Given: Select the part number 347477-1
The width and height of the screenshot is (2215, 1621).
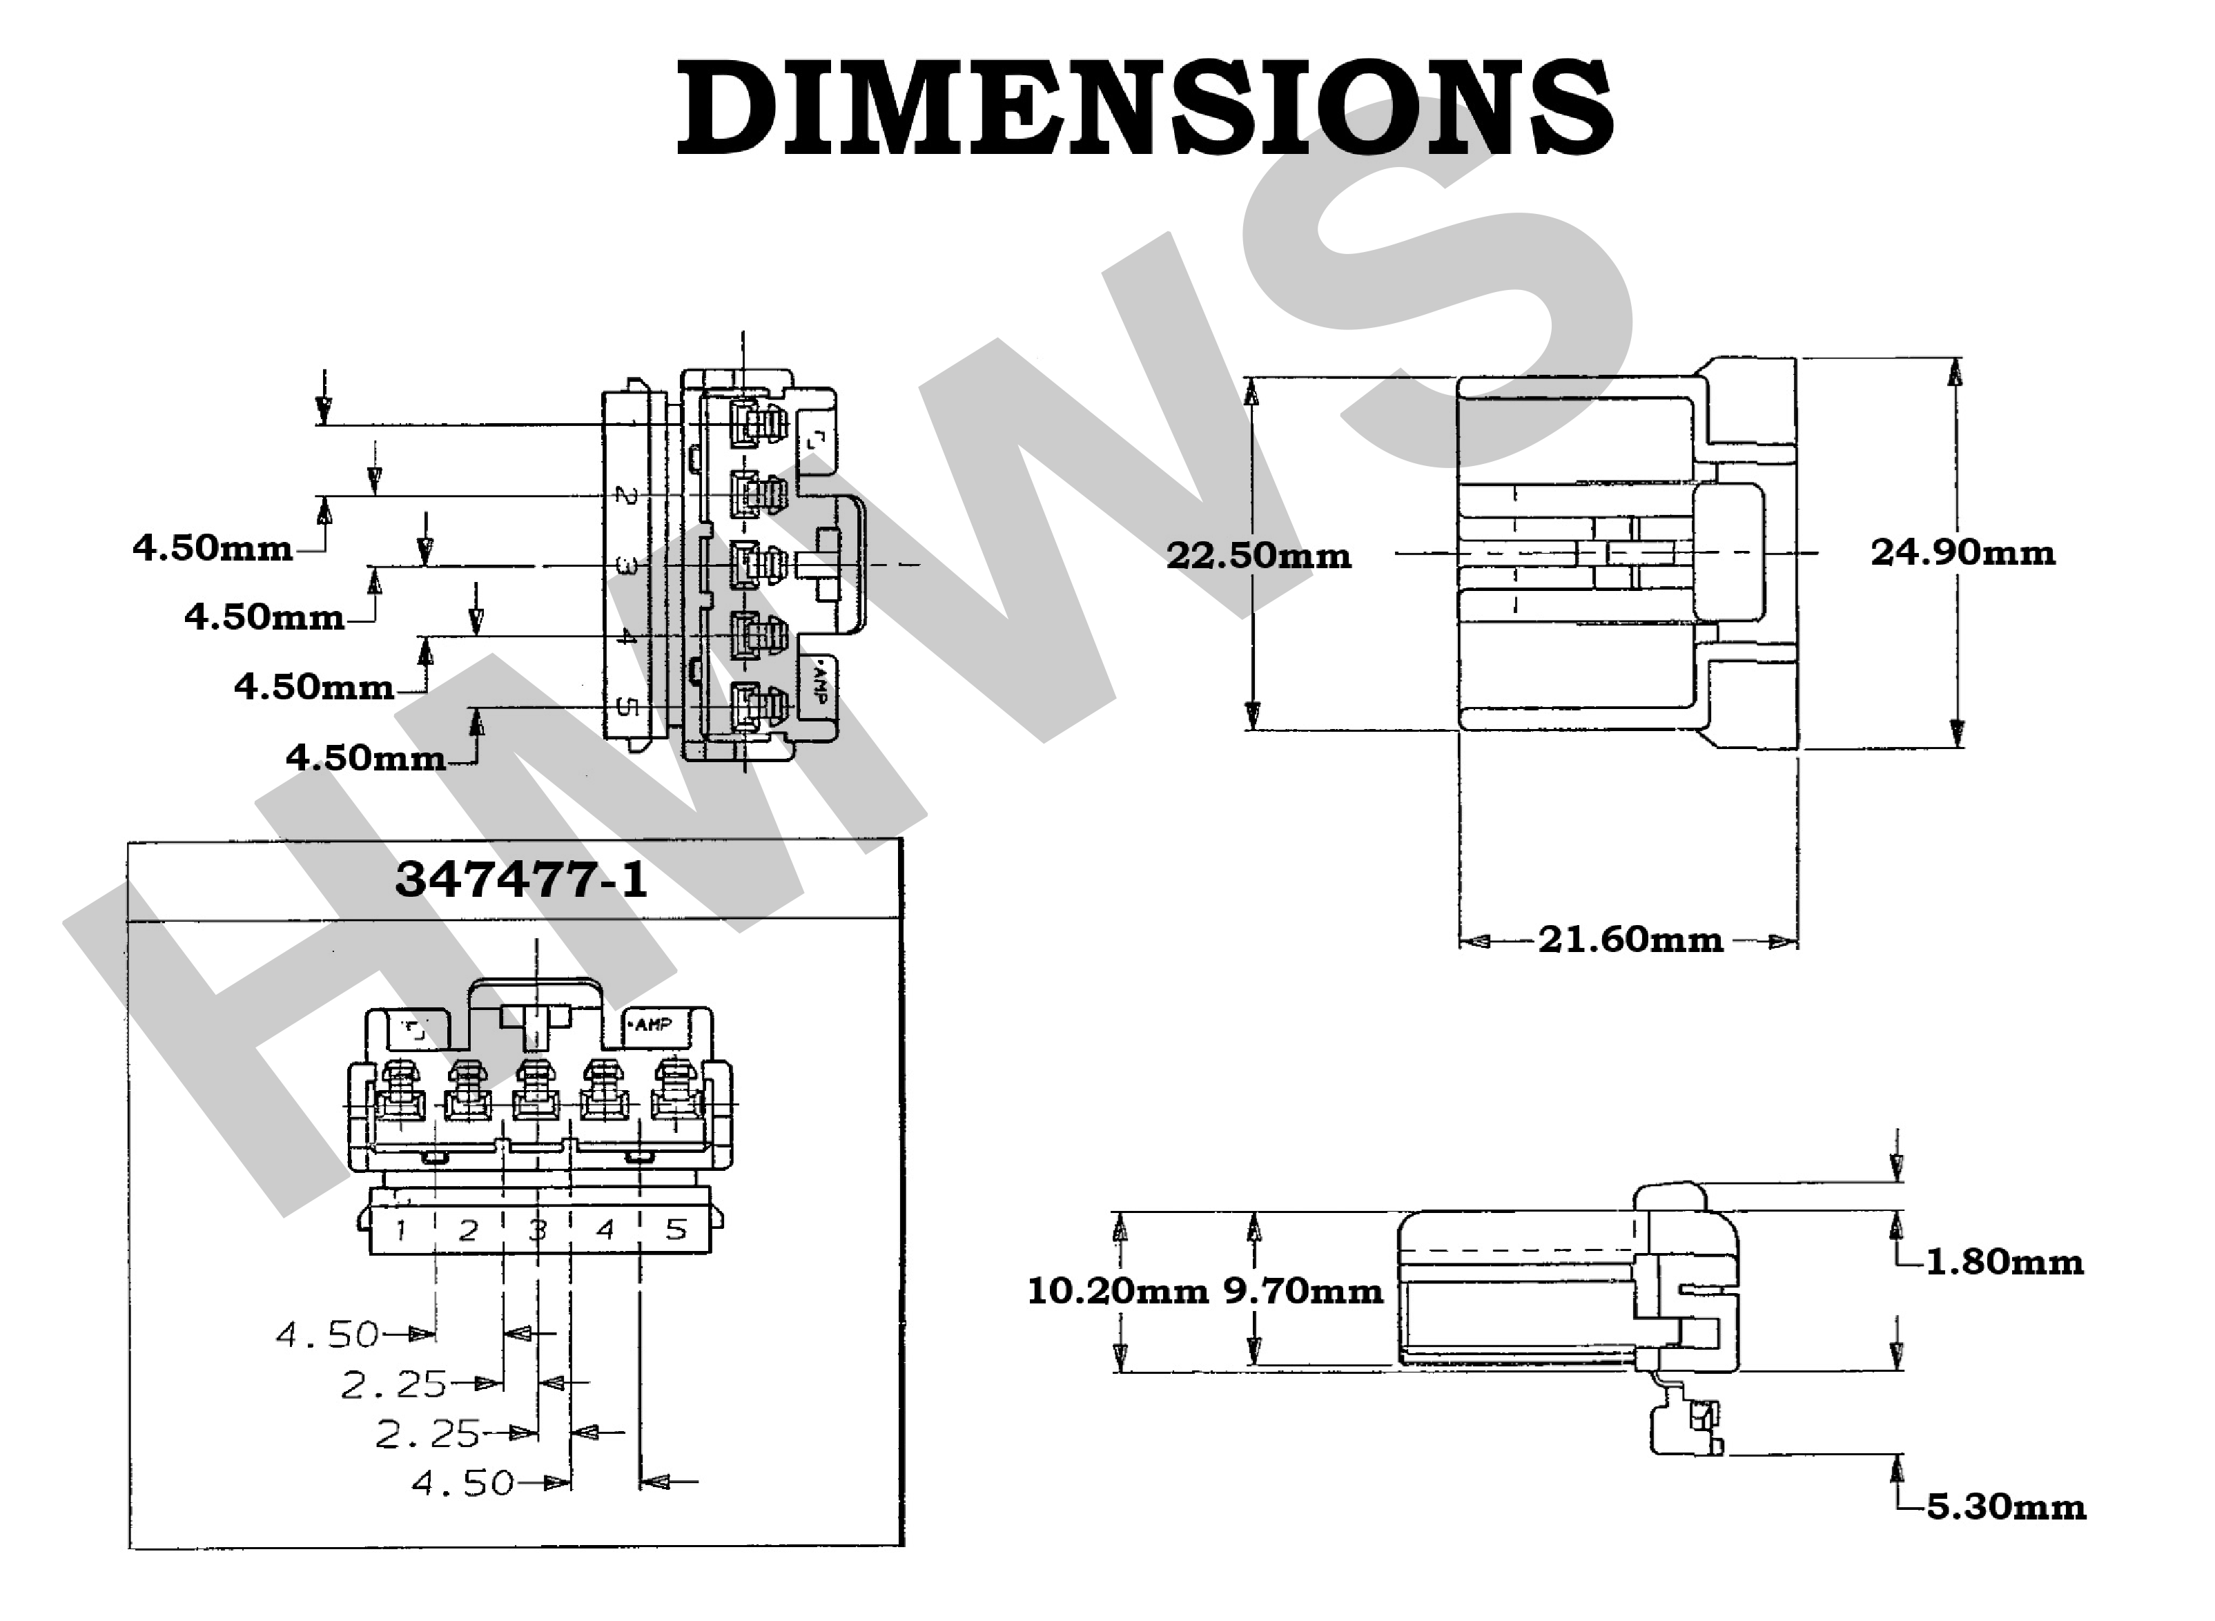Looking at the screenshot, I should pyautogui.click(x=521, y=879).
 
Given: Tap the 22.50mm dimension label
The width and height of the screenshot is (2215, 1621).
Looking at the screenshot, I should pyautogui.click(x=1258, y=556).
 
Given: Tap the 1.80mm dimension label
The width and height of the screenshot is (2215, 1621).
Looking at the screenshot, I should pyautogui.click(x=2004, y=1262).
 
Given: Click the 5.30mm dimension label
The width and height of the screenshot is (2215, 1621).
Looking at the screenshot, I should pyautogui.click(x=2006, y=1506).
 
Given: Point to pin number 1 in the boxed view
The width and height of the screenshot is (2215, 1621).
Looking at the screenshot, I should pyautogui.click(x=401, y=1230).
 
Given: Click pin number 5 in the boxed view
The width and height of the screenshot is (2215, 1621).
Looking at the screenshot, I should pyautogui.click(x=676, y=1230).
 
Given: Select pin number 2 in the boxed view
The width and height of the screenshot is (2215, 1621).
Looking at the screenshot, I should pyautogui.click(x=469, y=1230).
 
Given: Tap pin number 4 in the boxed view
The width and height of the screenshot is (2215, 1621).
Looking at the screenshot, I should pyautogui.click(x=605, y=1230).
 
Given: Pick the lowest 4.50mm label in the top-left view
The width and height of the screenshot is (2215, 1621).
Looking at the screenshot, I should pyautogui.click(x=366, y=757).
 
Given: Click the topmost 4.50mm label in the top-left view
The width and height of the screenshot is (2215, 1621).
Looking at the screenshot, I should pyautogui.click(x=212, y=547).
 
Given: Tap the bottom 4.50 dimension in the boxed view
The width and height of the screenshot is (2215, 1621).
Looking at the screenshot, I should pyautogui.click(x=463, y=1483).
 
